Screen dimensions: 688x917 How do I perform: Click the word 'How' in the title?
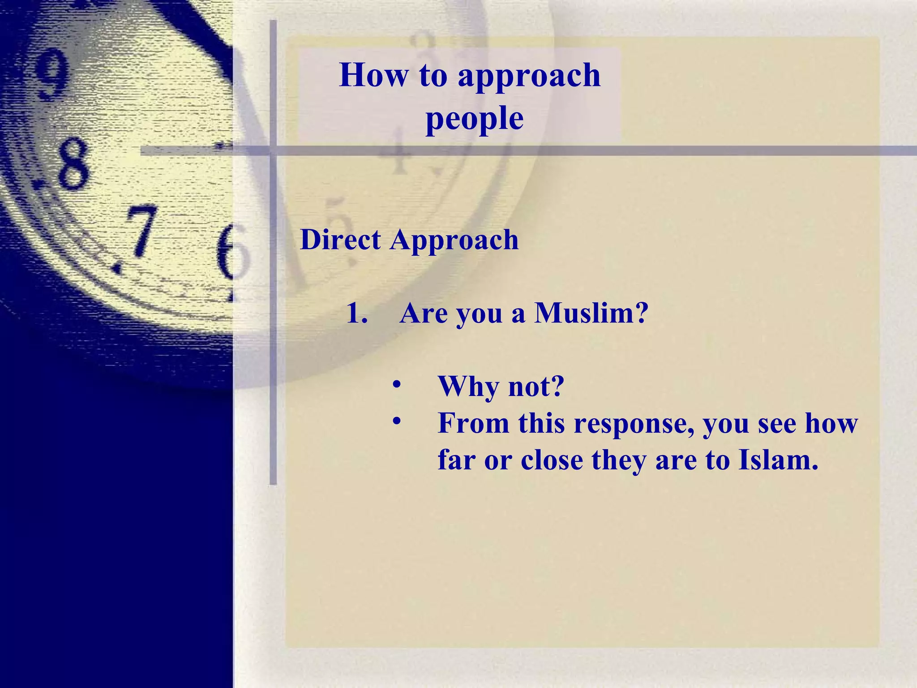[374, 75]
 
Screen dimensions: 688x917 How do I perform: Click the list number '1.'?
[357, 313]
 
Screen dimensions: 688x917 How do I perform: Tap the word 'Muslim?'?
[591, 313]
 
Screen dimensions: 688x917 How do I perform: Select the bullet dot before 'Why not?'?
[396, 385]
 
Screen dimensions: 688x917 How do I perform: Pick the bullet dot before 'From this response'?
[396, 421]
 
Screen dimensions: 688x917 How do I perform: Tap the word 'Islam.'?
[778, 460]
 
